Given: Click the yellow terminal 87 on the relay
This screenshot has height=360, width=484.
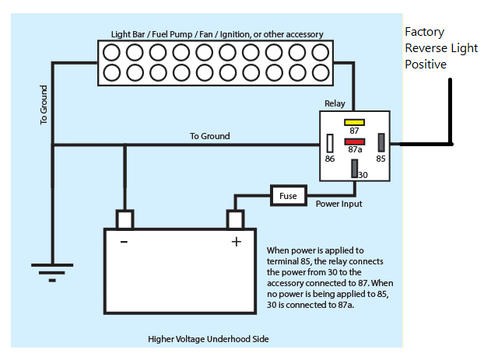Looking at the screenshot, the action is pyautogui.click(x=354, y=123).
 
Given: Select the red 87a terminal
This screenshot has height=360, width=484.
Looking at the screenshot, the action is pyautogui.click(x=355, y=142).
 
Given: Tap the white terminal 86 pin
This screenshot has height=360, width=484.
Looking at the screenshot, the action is pyautogui.click(x=330, y=143).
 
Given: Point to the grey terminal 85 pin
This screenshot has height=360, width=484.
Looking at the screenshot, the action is pyautogui.click(x=381, y=142).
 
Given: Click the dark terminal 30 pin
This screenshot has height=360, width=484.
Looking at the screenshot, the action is pyautogui.click(x=355, y=169).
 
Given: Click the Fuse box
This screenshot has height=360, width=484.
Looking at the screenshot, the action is pyautogui.click(x=289, y=196).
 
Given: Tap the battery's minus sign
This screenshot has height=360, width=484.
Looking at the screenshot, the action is pyautogui.click(x=124, y=242).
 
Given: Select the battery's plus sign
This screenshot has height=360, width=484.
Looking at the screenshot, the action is pyautogui.click(x=237, y=242).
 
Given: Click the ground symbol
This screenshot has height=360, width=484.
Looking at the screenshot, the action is pyautogui.click(x=52, y=273).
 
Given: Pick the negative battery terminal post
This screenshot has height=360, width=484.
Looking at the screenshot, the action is pyautogui.click(x=125, y=219).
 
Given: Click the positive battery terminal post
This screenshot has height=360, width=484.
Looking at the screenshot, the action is pyautogui.click(x=236, y=219).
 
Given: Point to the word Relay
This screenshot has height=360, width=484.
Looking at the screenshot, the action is pyautogui.click(x=335, y=103).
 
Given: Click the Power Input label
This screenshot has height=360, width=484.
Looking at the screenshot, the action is pyautogui.click(x=339, y=204).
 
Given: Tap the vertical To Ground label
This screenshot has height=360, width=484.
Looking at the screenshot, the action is pyautogui.click(x=44, y=105).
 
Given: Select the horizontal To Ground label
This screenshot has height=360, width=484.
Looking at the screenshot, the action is pyautogui.click(x=210, y=136).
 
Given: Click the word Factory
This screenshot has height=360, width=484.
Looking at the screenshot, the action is pyautogui.click(x=424, y=32).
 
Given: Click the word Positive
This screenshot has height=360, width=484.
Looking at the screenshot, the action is pyautogui.click(x=426, y=65).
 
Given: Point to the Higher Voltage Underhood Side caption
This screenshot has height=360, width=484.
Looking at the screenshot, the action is pyautogui.click(x=209, y=339).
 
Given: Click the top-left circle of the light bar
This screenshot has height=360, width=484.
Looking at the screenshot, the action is pyautogui.click(x=111, y=52).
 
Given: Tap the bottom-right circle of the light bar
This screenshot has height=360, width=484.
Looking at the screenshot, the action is pyautogui.click(x=321, y=73).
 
